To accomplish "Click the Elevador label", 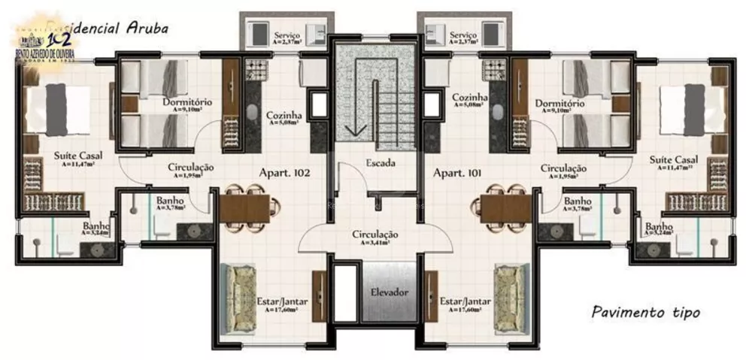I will click(x=389, y=291).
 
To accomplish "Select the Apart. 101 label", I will click(x=457, y=173).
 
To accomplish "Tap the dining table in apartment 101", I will click(x=505, y=207).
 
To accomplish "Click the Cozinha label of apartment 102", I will click(x=284, y=116).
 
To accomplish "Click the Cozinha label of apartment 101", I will click(x=470, y=98).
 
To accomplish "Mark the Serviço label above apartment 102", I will click(x=288, y=35).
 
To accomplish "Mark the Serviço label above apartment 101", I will click(x=464, y=35).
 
